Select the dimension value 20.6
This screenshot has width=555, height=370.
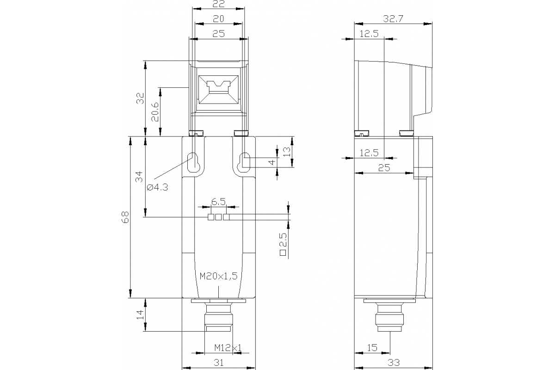pos(155,111)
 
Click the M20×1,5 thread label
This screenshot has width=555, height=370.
pos(218,276)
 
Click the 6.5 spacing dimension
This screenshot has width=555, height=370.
pos(218,202)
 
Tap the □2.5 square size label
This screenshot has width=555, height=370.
pos(284,244)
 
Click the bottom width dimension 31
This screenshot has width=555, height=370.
pos(218,363)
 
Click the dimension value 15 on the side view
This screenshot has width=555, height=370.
pos(372,347)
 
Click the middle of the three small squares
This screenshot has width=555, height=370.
pos(218,217)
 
